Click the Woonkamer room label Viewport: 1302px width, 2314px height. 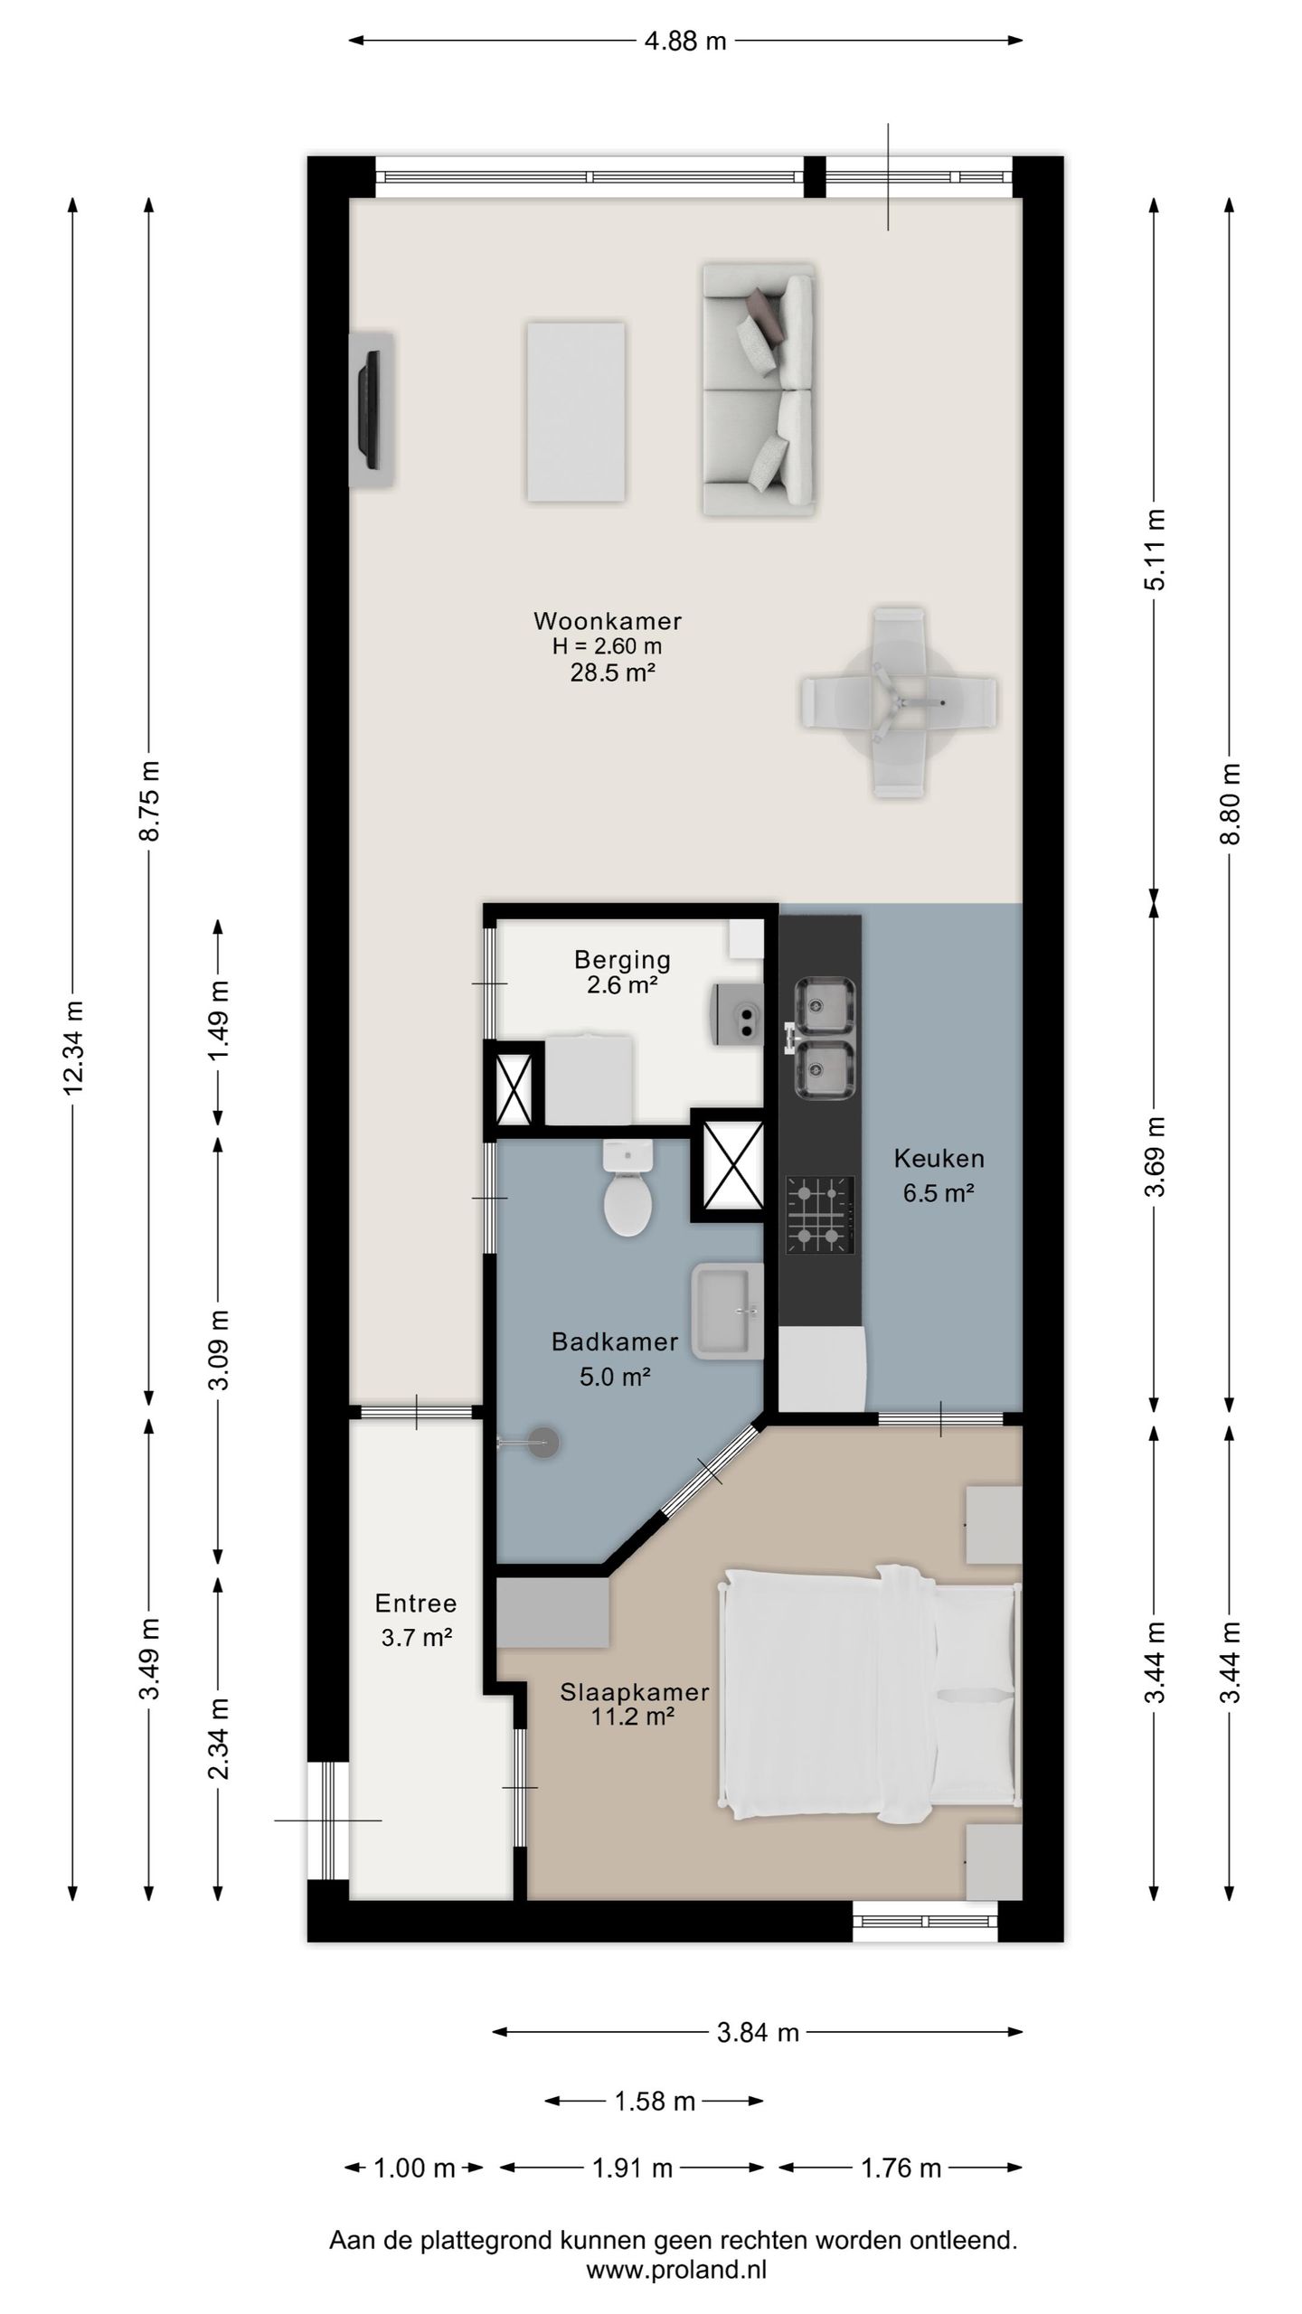click(607, 622)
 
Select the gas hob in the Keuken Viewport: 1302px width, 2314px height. click(820, 1215)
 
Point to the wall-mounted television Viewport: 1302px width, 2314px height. click(371, 409)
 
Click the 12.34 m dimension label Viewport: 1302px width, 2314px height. click(73, 1047)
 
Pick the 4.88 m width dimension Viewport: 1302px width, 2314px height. click(685, 42)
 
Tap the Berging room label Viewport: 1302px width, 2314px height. click(622, 959)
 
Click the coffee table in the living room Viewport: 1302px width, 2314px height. click(576, 411)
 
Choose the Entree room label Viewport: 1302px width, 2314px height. click(416, 1604)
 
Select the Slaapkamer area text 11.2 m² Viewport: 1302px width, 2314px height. click(634, 1716)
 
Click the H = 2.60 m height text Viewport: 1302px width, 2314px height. click(607, 646)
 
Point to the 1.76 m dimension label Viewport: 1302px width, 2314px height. click(901, 2167)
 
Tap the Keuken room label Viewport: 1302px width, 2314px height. click(939, 1158)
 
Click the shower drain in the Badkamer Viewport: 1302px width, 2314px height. click(543, 1442)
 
